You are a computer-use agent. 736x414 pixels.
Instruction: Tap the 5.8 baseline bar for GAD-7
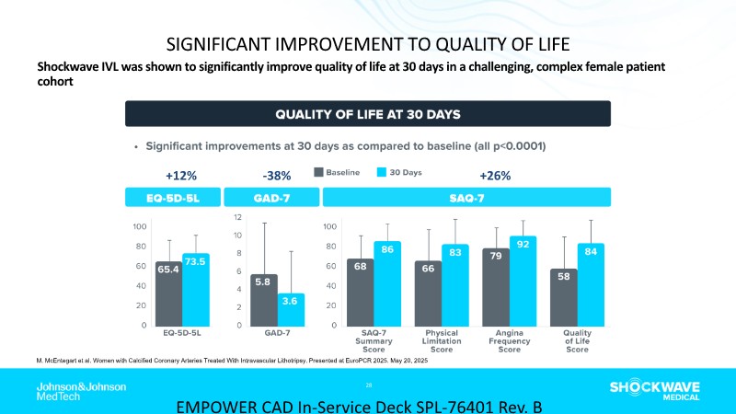coord(263,299)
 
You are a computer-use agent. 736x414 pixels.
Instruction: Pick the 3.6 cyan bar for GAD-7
coord(292,308)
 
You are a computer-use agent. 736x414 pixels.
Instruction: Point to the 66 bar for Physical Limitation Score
coord(428,293)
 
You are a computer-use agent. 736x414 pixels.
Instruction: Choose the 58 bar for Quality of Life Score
coord(563,296)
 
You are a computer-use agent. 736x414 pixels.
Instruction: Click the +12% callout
coord(181,175)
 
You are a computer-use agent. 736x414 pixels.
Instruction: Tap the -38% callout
coord(277,175)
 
